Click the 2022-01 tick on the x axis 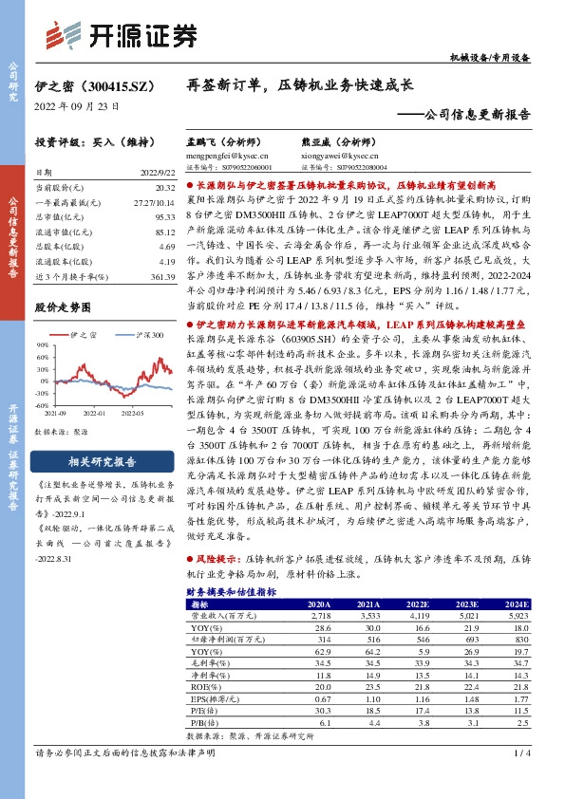[x=94, y=415]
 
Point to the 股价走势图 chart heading [x=63, y=307]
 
